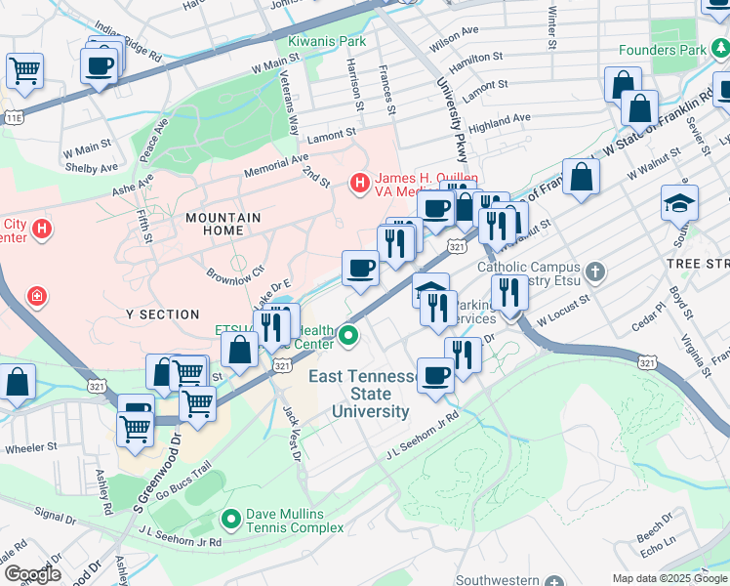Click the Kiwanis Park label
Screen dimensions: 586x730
(x=327, y=42)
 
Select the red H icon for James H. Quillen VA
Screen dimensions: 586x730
(x=359, y=182)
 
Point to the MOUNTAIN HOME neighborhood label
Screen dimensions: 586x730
(x=223, y=224)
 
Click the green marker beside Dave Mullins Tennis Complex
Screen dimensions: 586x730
(x=231, y=519)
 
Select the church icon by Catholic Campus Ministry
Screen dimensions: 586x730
(x=595, y=270)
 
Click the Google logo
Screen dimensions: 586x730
(x=31, y=574)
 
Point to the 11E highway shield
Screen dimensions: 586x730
(x=13, y=117)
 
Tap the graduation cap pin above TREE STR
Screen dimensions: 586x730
(x=679, y=205)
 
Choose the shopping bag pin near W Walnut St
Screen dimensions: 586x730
(x=581, y=178)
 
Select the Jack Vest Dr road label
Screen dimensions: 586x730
(x=290, y=434)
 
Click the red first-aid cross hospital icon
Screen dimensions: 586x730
(x=36, y=295)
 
